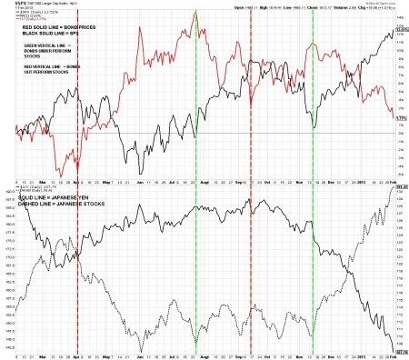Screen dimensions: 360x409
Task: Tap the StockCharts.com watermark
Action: point(383,4)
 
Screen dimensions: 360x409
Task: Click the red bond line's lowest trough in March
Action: point(61,176)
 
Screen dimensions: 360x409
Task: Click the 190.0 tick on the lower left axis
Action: point(8,193)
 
